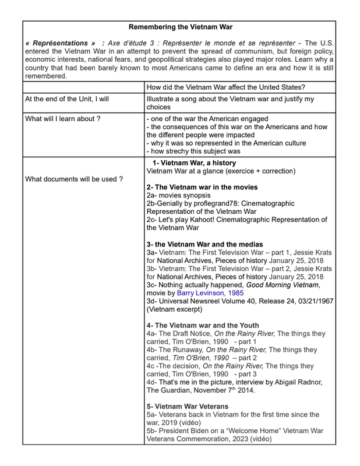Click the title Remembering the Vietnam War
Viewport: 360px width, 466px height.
pyautogui.click(x=180, y=27)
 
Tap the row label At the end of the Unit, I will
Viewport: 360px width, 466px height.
pyautogui.click(x=67, y=99)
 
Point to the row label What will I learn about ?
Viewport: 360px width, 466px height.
pyautogui.click(x=63, y=119)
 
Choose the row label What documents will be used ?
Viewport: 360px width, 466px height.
pyautogui.click(x=74, y=179)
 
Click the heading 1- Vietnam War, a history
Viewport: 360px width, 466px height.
pyautogui.click(x=194, y=163)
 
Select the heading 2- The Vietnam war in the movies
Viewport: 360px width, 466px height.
pyautogui.click(x=202, y=187)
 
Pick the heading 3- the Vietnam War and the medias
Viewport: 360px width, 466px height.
pyautogui.click(x=204, y=244)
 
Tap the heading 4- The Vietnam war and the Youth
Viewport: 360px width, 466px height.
pyautogui.click(x=203, y=324)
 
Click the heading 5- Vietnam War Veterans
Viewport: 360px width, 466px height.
pyautogui.click(x=188, y=406)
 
